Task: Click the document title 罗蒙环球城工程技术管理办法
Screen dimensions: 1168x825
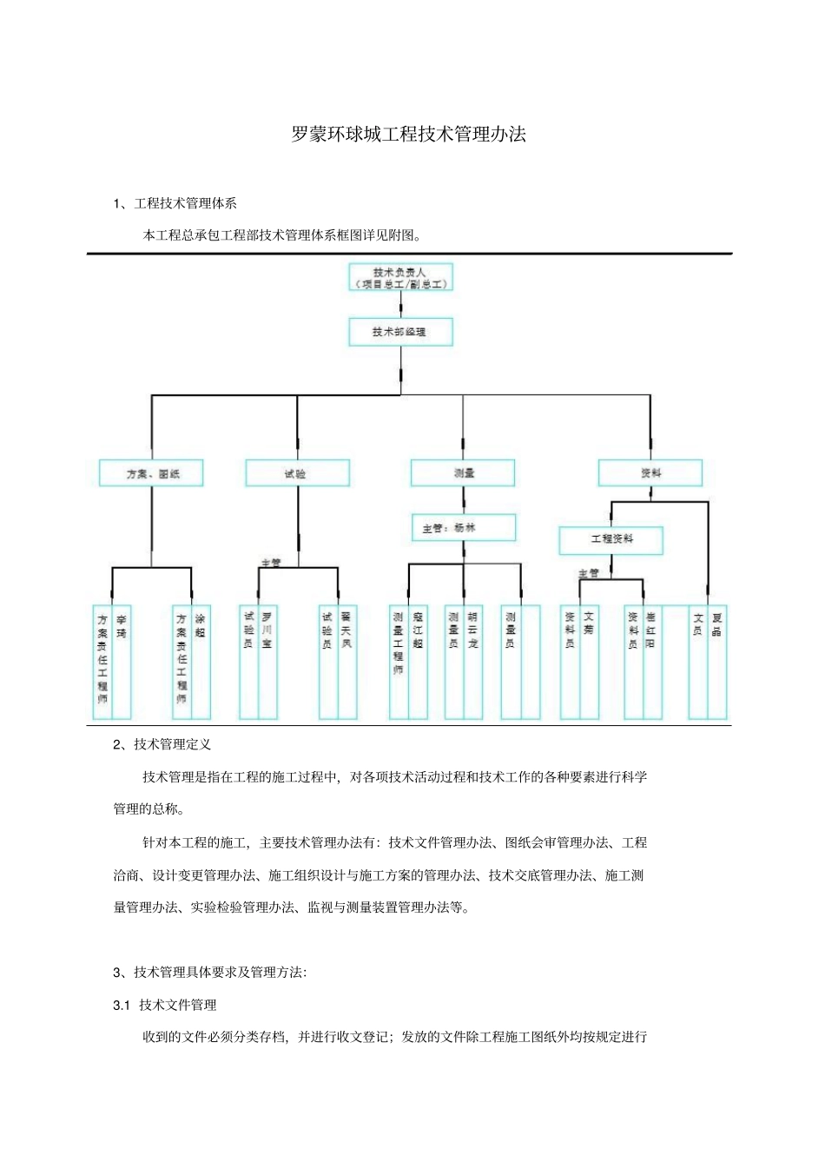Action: (x=408, y=135)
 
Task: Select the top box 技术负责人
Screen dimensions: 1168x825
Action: (x=400, y=278)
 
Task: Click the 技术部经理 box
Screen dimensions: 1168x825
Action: (x=400, y=332)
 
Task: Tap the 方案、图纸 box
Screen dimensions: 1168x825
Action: (x=151, y=473)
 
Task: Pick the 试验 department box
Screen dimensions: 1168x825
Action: (x=297, y=473)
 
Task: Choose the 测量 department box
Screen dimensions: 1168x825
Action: (x=463, y=473)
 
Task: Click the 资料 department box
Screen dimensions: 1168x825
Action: (x=650, y=473)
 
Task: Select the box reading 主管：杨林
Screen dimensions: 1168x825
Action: (x=463, y=527)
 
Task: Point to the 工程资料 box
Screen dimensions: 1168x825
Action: (x=610, y=539)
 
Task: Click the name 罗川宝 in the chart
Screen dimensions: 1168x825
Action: (x=267, y=630)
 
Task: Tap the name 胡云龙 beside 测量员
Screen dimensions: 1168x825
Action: (x=472, y=630)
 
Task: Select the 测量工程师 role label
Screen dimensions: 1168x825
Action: (x=398, y=643)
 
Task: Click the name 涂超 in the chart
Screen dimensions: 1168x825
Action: (x=201, y=626)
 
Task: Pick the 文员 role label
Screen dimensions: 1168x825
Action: (x=697, y=624)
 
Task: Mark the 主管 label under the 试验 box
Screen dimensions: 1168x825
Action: (x=271, y=563)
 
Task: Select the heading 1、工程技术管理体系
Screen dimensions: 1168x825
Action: (x=175, y=203)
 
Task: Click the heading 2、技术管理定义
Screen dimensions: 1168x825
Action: (x=162, y=744)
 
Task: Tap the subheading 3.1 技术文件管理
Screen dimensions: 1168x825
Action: (x=165, y=1005)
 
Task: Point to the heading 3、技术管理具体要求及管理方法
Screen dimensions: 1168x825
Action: (x=209, y=972)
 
